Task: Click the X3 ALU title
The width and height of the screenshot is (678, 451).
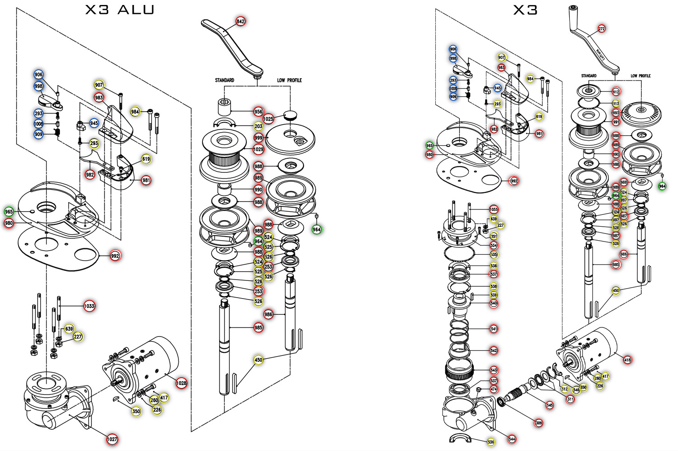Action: click(x=120, y=9)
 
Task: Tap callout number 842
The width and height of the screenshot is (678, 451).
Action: click(x=240, y=21)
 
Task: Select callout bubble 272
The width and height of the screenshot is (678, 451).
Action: click(x=601, y=29)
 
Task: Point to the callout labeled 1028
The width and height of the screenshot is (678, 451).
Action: click(x=181, y=383)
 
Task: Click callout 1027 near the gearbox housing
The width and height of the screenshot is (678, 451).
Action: click(x=112, y=439)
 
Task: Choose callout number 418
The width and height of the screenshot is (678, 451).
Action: click(x=627, y=360)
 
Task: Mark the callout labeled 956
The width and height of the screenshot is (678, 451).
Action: click(x=258, y=112)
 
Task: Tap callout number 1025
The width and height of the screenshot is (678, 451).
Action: click(x=268, y=119)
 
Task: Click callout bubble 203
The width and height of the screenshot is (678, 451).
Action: click(x=258, y=126)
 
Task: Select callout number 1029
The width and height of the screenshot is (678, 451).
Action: click(x=258, y=149)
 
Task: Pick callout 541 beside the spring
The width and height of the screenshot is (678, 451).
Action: click(x=494, y=329)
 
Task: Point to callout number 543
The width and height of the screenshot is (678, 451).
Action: click(x=494, y=370)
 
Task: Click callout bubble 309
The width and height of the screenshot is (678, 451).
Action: click(x=539, y=423)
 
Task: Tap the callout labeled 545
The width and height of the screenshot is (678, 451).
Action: click(x=549, y=405)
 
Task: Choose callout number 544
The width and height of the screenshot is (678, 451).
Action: click(x=512, y=439)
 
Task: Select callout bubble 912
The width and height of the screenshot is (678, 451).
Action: click(x=616, y=92)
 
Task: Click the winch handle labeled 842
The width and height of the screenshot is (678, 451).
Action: click(x=231, y=45)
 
